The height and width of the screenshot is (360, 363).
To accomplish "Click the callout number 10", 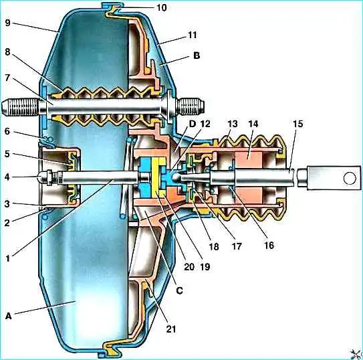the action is [x=162, y=7].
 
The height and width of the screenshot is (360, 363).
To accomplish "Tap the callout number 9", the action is [x=7, y=23].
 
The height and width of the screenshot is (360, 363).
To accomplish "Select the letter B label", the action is [x=197, y=56].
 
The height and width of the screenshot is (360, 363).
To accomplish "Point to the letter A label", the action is [x=8, y=316].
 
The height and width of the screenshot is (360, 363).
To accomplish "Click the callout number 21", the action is [x=171, y=329].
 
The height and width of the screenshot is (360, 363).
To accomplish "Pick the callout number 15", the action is [x=297, y=124].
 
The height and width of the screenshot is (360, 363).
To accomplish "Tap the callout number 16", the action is [x=269, y=246].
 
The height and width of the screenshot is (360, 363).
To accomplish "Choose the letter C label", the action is [x=179, y=290].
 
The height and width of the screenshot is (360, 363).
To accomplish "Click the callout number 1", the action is [x=8, y=258].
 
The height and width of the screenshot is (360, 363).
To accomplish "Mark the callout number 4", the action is [x=7, y=177].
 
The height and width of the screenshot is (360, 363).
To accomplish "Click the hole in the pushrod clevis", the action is [x=350, y=179].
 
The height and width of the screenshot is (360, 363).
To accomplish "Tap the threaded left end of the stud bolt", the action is [x=21, y=108].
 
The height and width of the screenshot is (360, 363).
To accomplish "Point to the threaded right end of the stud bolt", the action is [x=191, y=107].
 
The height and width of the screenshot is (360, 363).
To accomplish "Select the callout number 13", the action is [x=233, y=124].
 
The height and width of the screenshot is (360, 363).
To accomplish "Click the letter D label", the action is [x=193, y=124].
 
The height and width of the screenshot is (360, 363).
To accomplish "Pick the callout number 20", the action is [x=189, y=266].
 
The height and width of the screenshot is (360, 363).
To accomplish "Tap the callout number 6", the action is [x=7, y=131].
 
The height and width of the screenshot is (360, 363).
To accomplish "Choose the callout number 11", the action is [x=193, y=35].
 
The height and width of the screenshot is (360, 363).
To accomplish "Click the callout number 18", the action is [x=214, y=246].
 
